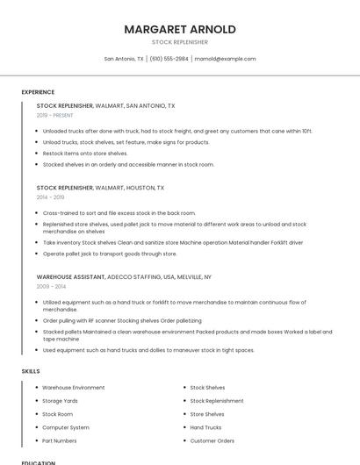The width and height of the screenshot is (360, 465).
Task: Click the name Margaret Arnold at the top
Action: (x=180, y=29)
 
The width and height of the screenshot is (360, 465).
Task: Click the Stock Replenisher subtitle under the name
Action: (x=180, y=42)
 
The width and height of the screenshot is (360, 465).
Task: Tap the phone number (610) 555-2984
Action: (x=169, y=59)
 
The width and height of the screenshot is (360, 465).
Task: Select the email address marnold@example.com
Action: (x=225, y=59)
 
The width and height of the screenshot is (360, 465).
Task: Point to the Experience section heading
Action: (x=38, y=92)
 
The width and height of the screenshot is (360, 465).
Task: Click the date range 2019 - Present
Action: (x=54, y=115)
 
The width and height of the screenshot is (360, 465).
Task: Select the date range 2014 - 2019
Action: (x=50, y=197)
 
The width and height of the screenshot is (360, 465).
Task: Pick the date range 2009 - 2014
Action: (x=51, y=286)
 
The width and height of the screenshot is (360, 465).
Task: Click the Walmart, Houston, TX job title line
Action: (x=100, y=188)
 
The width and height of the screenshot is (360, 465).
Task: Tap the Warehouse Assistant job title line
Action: (x=124, y=276)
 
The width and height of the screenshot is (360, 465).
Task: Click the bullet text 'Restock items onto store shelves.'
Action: (x=85, y=153)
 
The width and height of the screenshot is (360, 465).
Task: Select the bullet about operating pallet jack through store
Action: (x=110, y=254)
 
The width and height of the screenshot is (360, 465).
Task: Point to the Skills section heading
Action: (x=31, y=371)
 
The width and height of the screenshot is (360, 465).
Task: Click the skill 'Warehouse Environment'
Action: (x=74, y=388)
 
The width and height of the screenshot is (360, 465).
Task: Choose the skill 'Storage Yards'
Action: (x=61, y=401)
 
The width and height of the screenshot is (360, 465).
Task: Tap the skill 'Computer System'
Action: (x=66, y=427)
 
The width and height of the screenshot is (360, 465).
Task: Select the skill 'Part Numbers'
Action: (x=60, y=440)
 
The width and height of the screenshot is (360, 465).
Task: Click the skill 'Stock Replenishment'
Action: (x=217, y=401)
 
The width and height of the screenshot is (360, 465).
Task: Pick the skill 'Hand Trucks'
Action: (x=206, y=427)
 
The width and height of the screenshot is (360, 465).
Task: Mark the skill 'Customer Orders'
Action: (x=212, y=440)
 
